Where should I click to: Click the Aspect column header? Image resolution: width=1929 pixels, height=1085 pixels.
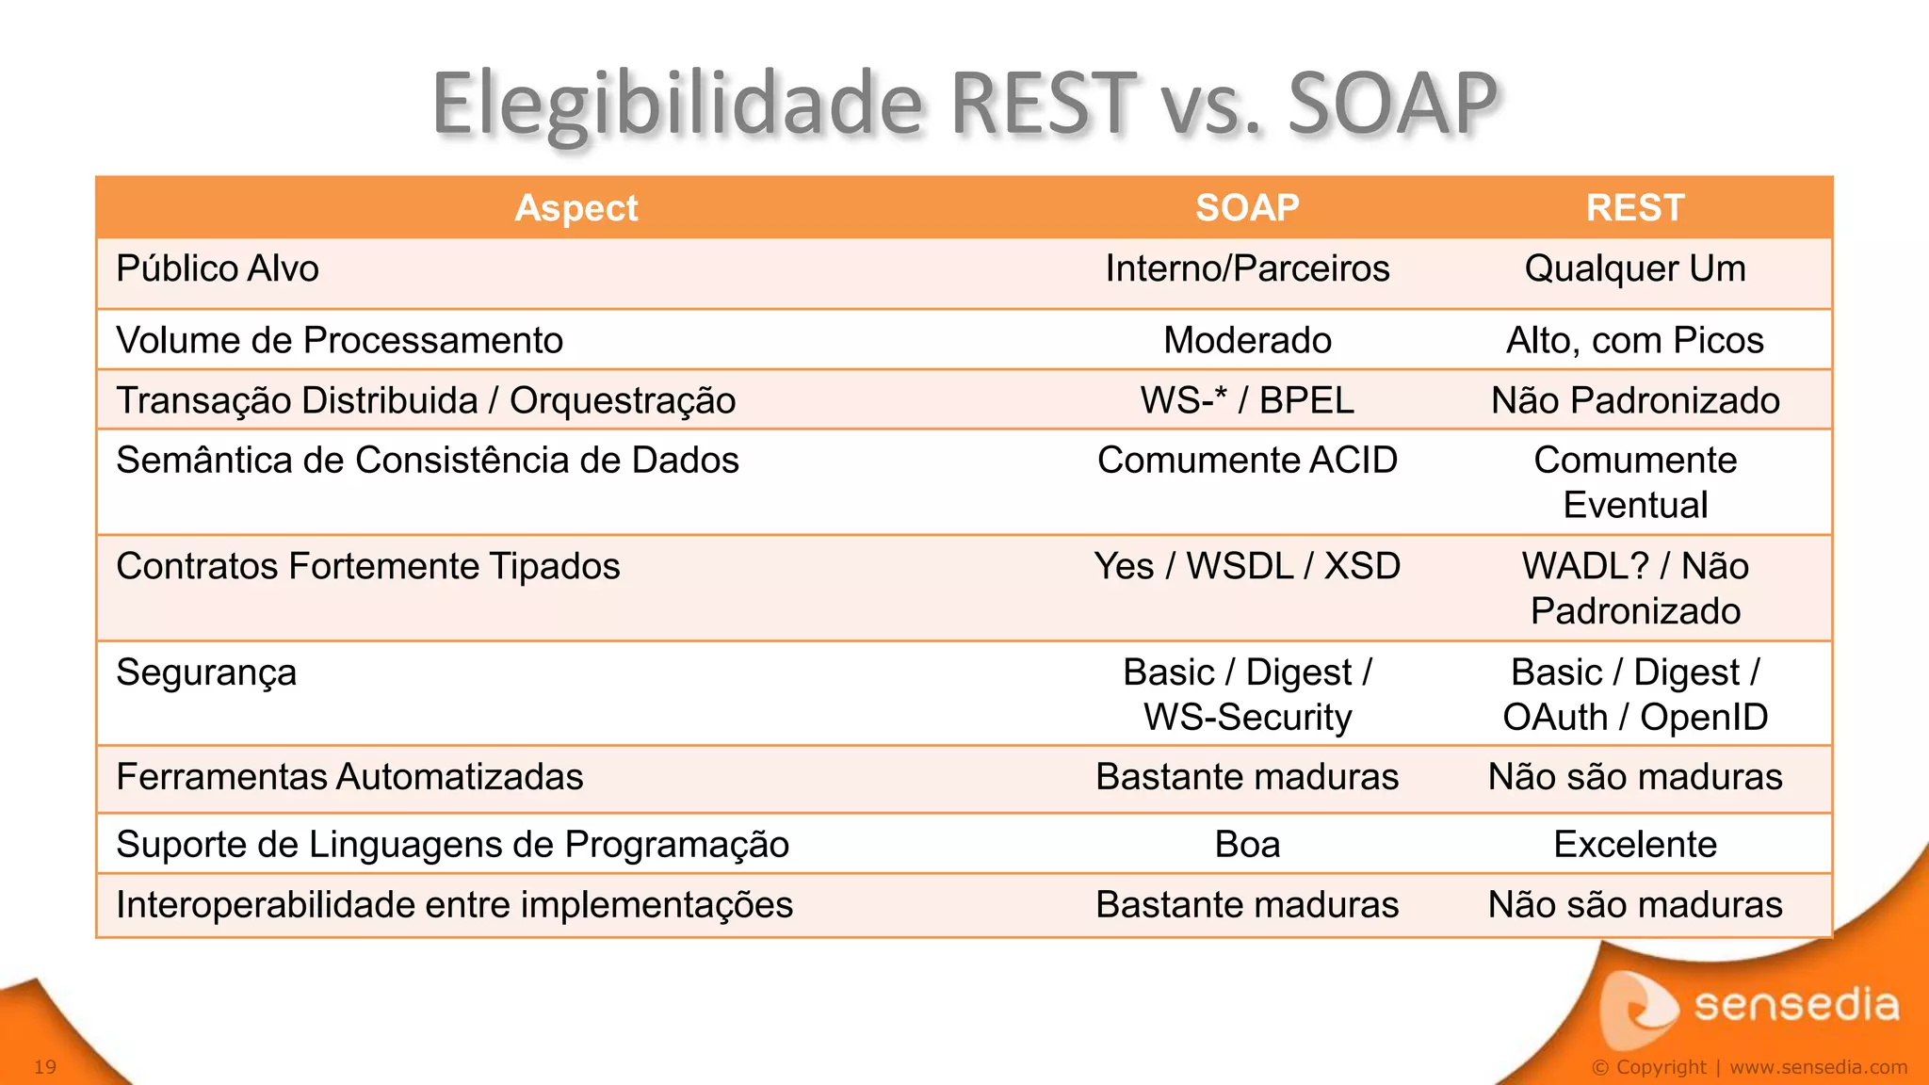[575, 208]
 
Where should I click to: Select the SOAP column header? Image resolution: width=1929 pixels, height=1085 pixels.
[1247, 208]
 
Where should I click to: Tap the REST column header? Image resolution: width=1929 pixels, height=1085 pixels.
[1635, 208]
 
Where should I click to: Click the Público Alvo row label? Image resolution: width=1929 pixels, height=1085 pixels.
[218, 269]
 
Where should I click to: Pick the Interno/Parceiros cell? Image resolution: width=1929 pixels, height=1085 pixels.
[1247, 269]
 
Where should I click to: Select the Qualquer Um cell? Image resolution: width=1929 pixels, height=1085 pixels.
[1635, 269]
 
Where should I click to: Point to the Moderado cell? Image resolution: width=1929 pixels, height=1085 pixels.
[1247, 341]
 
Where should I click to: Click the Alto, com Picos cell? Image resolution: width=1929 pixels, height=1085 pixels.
[1635, 341]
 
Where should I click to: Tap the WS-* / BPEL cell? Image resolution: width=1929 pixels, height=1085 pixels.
[1247, 401]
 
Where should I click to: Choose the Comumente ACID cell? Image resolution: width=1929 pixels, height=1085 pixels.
[1247, 461]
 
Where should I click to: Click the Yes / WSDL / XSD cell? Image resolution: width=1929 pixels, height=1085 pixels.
[1247, 567]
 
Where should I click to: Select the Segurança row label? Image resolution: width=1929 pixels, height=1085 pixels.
[206, 673]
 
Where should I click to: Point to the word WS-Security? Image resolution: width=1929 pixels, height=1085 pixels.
[1247, 718]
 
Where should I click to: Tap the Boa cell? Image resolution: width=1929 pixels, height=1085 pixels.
[1247, 845]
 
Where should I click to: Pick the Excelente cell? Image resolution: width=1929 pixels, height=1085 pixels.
[1635, 845]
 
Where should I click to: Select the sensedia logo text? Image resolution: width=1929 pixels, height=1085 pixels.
[1795, 1005]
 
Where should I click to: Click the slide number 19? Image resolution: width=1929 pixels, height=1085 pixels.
[45, 1067]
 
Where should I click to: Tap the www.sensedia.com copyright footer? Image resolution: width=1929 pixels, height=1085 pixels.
[1818, 1067]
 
